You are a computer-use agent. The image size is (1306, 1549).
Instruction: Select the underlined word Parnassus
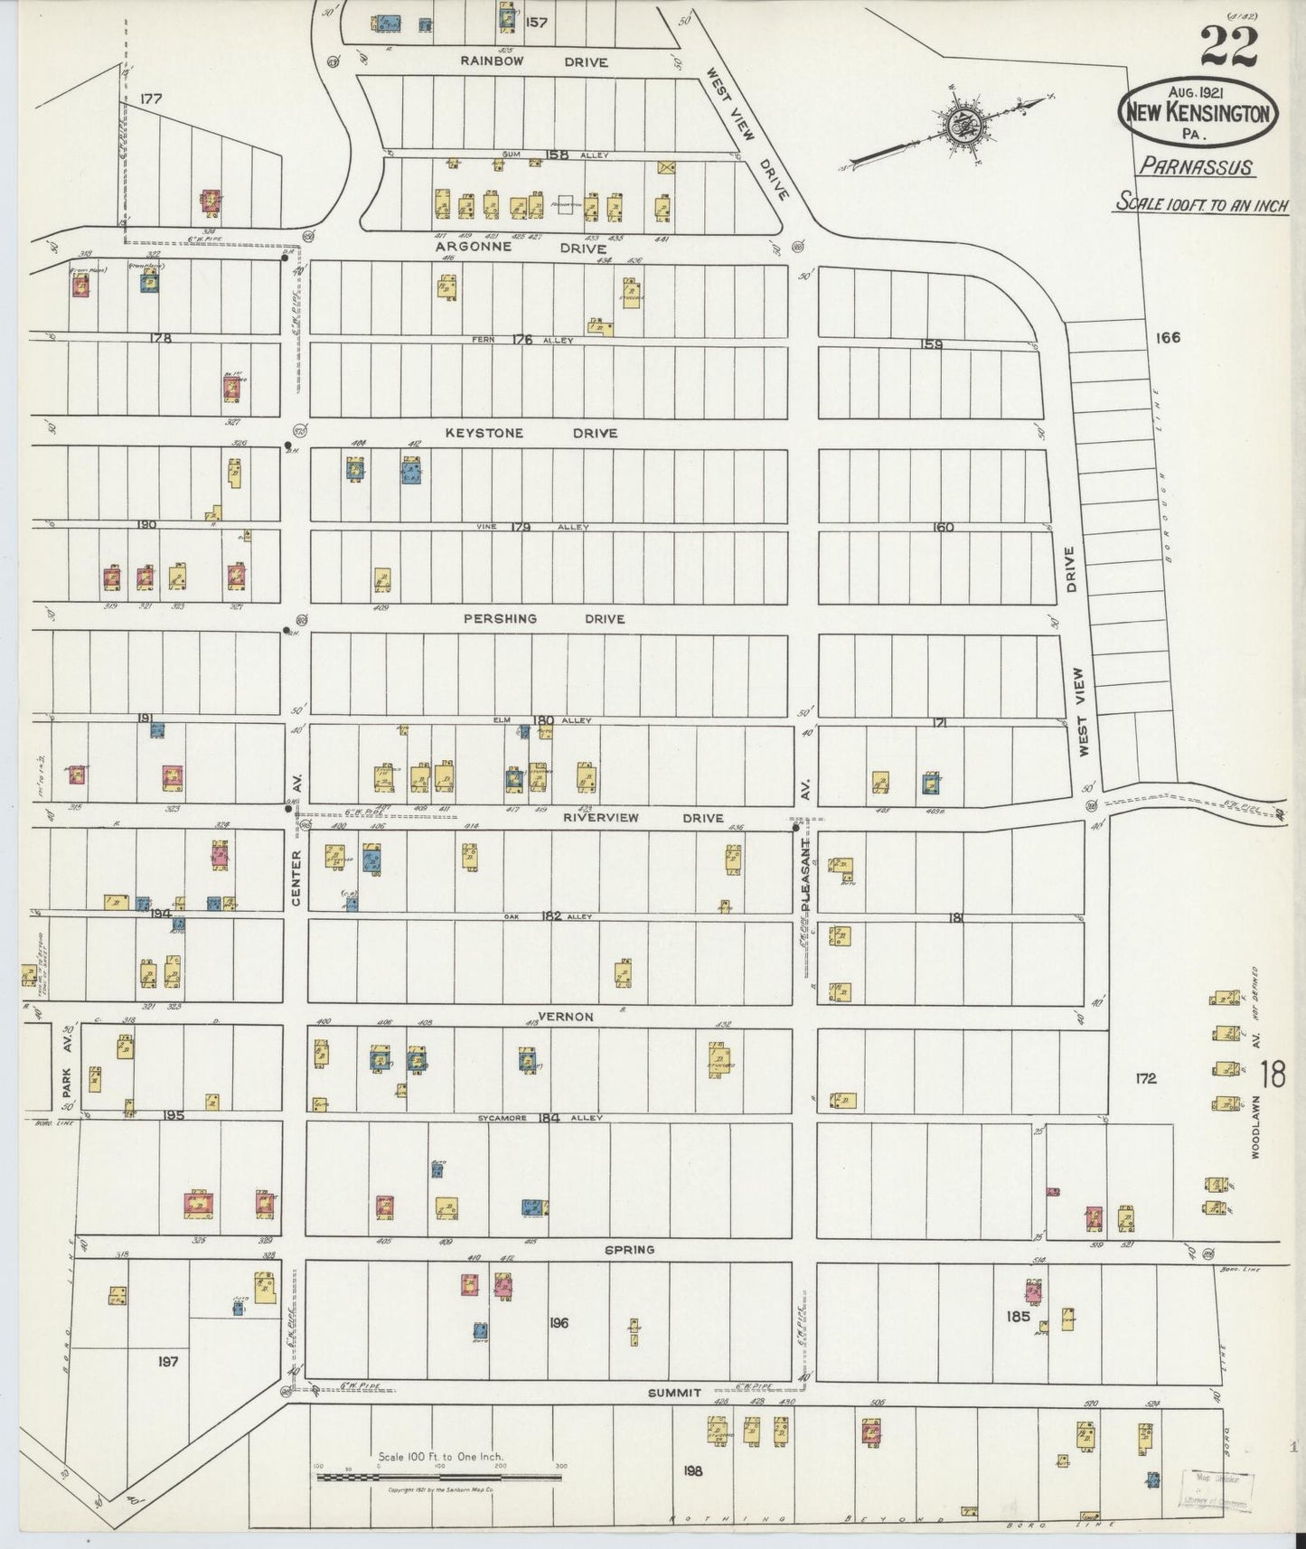pyautogui.click(x=1194, y=166)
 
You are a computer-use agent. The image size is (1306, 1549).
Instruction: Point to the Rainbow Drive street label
pyautogui.click(x=534, y=62)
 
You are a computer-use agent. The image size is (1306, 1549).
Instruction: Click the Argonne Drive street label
pyautogui.click(x=521, y=246)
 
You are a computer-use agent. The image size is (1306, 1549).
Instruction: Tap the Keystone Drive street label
pyautogui.click(x=531, y=433)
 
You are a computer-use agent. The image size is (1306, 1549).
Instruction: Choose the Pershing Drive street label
pyautogui.click(x=543, y=619)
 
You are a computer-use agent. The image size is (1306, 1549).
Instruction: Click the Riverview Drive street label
pyautogui.click(x=643, y=818)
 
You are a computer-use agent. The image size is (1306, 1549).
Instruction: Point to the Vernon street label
pyautogui.click(x=565, y=1017)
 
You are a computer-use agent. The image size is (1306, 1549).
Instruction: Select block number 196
pyautogui.click(x=559, y=1322)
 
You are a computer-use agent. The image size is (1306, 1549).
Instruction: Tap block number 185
pyautogui.click(x=1018, y=1317)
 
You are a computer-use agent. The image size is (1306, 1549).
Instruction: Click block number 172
pyautogui.click(x=1146, y=1078)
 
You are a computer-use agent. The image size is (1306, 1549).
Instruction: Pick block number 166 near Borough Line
pyautogui.click(x=1167, y=338)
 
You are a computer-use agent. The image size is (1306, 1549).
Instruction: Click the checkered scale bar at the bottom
pyautogui.click(x=438, y=1478)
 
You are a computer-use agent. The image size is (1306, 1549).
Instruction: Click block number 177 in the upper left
pyautogui.click(x=151, y=99)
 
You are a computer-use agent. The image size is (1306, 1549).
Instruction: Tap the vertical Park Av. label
pyautogui.click(x=67, y=1066)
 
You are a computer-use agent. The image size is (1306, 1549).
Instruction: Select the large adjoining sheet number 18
pyautogui.click(x=1275, y=1075)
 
